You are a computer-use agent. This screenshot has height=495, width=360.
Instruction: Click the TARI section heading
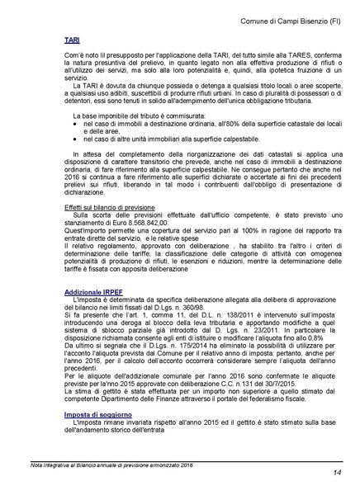pyautogui.click(x=73, y=39)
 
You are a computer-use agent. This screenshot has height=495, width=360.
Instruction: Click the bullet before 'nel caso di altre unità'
pyautogui.click(x=77, y=163)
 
